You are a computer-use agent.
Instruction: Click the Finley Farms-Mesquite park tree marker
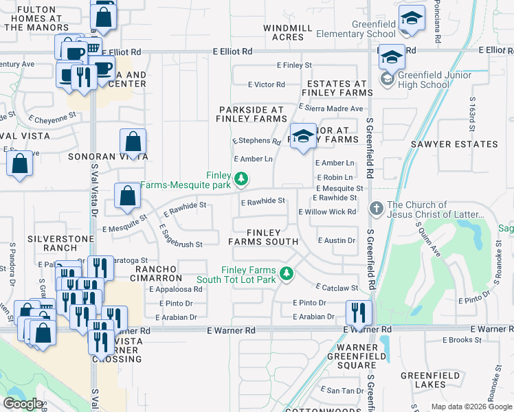241,179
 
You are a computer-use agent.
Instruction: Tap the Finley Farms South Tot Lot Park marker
288,275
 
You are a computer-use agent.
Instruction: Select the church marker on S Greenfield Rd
375,207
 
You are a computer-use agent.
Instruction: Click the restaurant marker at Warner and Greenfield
358,313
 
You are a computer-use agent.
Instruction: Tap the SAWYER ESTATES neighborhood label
454,144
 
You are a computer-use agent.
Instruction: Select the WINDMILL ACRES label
288,32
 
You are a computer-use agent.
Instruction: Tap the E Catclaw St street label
337,288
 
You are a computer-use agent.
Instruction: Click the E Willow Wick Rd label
328,211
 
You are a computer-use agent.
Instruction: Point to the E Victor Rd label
267,84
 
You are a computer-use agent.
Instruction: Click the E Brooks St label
462,340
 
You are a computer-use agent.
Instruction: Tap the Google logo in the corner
23,404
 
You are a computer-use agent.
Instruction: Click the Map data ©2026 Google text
471,407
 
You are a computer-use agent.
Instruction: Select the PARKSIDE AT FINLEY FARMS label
252,114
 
